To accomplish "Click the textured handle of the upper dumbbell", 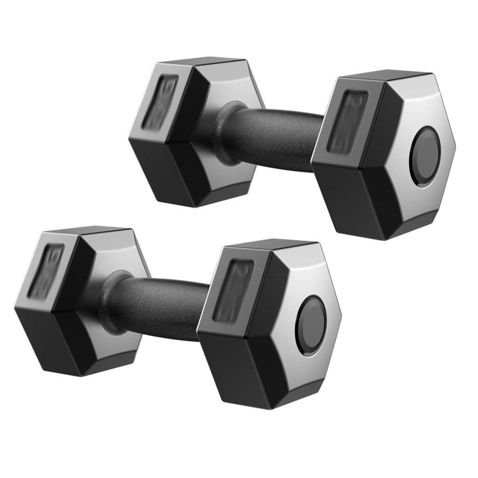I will pos(275,135).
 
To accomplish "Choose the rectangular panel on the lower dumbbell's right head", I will pos(233,290).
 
